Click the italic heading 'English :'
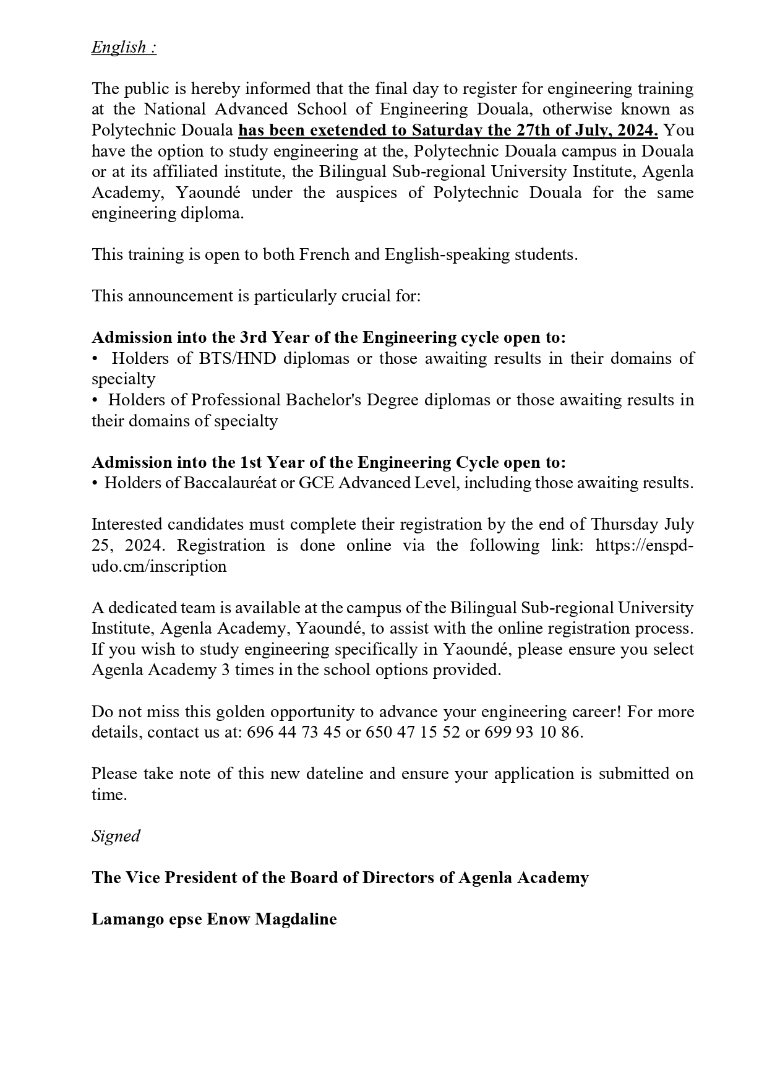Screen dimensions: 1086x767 pyautogui.click(x=124, y=47)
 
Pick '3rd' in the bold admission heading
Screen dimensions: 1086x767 pyautogui.click(x=253, y=337)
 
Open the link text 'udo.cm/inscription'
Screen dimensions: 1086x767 pyautogui.click(x=159, y=566)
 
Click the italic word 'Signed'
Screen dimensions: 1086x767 pyautogui.click(x=116, y=836)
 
